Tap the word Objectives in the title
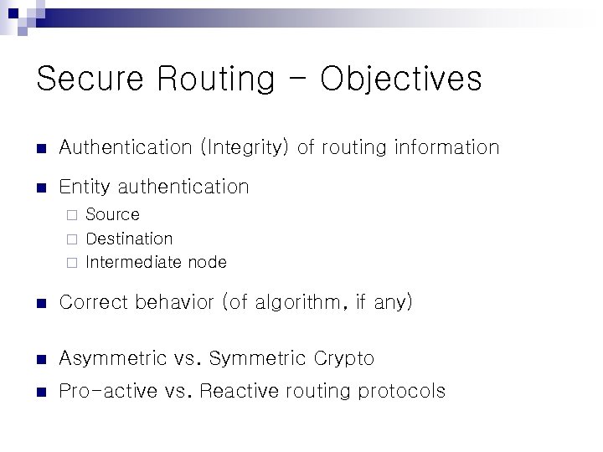[401, 80]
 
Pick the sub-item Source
[113, 214]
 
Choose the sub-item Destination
[129, 239]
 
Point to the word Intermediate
[134, 262]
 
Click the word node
[207, 262]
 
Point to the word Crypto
[344, 359]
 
